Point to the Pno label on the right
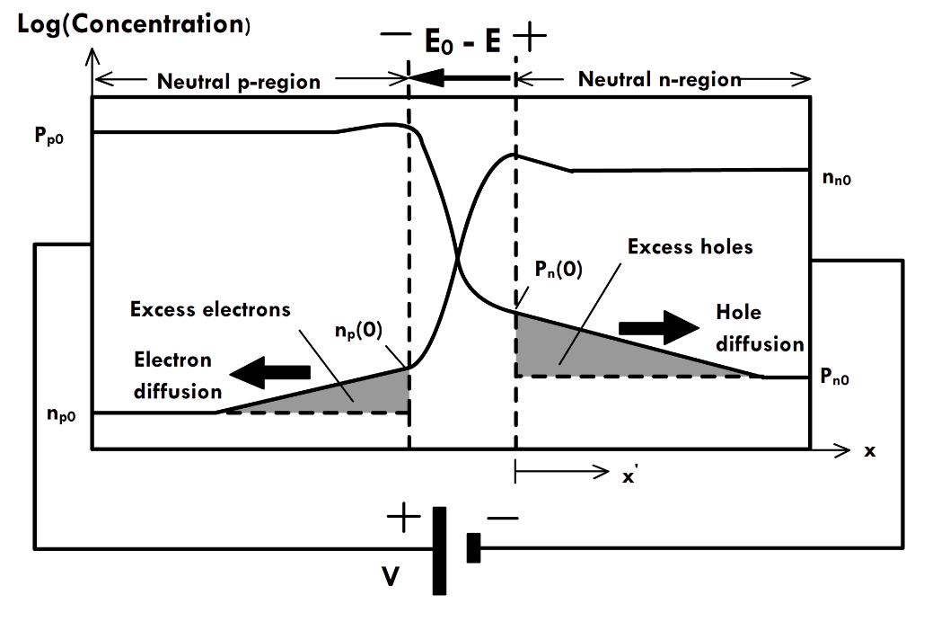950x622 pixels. point(835,378)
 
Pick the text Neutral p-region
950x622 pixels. point(238,82)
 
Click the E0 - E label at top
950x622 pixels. point(462,40)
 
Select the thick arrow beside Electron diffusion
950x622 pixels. point(269,369)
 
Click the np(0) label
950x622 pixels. point(357,329)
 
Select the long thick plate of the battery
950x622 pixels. point(439,550)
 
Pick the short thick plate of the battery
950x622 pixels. point(473,547)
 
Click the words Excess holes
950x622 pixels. point(690,245)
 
